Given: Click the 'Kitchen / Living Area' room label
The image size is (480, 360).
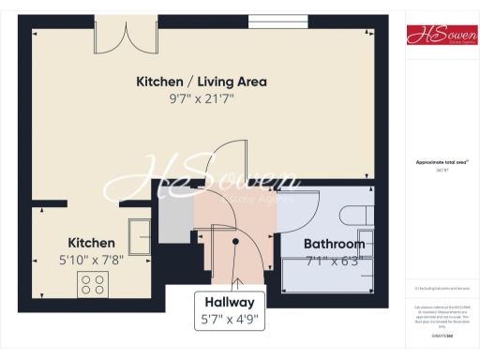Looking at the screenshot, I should click(x=202, y=82).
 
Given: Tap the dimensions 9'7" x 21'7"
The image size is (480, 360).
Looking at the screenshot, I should click(x=202, y=98).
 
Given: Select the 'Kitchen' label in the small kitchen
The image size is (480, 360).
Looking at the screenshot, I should click(x=91, y=243).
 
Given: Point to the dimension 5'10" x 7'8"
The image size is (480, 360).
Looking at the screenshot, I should click(x=91, y=260).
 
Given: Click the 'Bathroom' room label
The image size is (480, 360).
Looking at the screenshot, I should click(x=334, y=244).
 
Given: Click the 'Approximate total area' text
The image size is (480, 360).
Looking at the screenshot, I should click(x=438, y=162).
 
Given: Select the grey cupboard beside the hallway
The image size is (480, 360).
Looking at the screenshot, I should click(x=175, y=218).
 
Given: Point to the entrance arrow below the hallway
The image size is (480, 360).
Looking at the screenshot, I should click(x=238, y=283).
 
